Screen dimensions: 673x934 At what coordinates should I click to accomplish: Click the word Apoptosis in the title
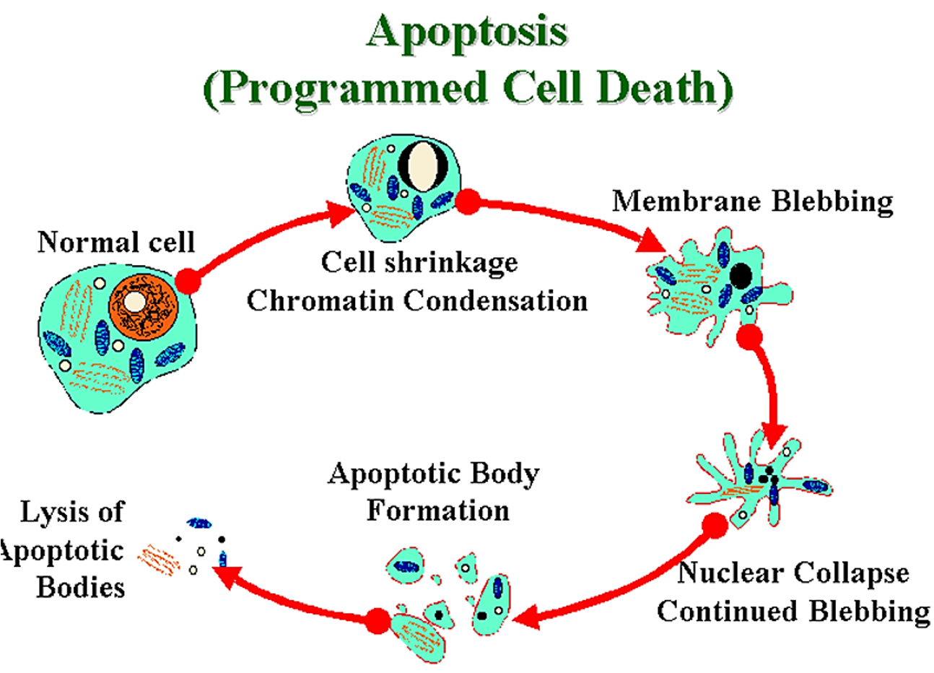[x=467, y=32]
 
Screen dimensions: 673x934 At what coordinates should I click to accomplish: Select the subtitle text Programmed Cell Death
[x=468, y=89]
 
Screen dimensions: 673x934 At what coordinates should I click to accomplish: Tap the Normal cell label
[x=115, y=242]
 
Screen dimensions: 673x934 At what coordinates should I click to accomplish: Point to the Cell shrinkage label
[x=419, y=261]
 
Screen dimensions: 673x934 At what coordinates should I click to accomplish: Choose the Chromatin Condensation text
[x=417, y=300]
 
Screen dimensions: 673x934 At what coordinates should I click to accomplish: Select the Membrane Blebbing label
[x=752, y=201]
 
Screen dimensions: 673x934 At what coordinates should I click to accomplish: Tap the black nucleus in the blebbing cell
[x=740, y=275]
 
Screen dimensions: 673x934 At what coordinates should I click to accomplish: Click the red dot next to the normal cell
[x=187, y=281]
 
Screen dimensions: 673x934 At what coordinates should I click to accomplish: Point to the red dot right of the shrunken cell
[x=469, y=201]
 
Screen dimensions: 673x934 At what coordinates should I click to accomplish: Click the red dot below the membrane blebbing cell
[x=750, y=336]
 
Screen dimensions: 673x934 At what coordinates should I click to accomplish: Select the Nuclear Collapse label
[x=793, y=573]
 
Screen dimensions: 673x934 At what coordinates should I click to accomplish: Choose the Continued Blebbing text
[x=793, y=611]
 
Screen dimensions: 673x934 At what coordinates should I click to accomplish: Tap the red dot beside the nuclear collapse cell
[x=715, y=526]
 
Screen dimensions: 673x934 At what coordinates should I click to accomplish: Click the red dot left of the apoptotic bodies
[x=378, y=620]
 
